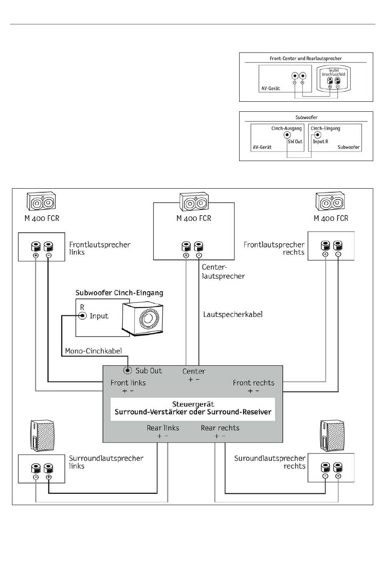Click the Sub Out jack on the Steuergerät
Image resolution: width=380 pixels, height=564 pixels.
coord(128,371)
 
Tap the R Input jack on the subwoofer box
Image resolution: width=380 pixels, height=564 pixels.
coord(83,316)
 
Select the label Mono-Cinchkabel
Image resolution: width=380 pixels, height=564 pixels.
coord(93,351)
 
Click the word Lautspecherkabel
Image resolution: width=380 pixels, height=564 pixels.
coord(233,314)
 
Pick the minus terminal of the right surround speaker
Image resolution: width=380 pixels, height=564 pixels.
coord(325,468)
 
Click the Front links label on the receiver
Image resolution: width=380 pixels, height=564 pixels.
coord(128,383)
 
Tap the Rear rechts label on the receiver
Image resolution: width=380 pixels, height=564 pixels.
coord(220,428)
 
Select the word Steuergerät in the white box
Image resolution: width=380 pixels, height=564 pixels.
coord(193,404)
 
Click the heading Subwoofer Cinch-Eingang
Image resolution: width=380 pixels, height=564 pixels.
coord(119,293)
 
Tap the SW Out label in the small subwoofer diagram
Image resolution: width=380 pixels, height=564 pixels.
coord(295,141)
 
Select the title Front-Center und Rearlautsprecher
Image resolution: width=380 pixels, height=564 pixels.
coord(306,58)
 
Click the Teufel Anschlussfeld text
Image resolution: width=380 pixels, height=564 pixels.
coord(333,72)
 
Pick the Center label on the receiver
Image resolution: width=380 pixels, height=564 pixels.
coord(194,371)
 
